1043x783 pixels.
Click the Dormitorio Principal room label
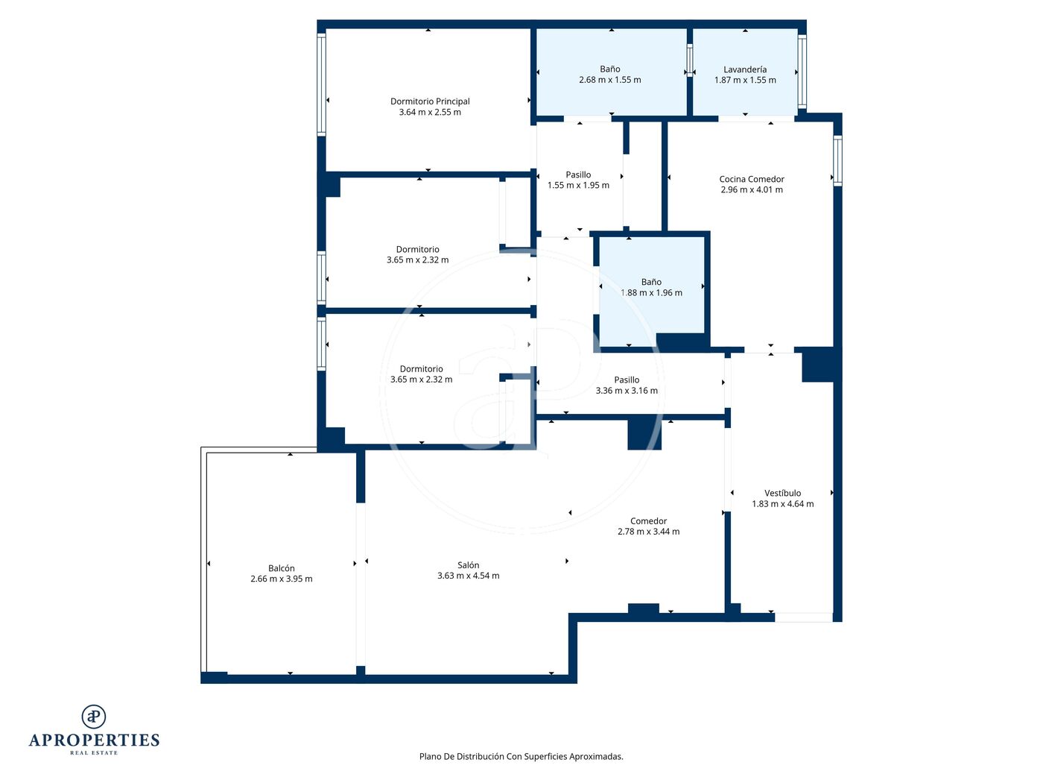pyautogui.click(x=430, y=101)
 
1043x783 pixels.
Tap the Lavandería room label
pyautogui.click(x=744, y=69)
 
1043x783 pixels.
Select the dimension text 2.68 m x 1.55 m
pyautogui.click(x=609, y=80)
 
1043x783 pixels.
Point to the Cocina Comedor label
pyautogui.click(x=751, y=179)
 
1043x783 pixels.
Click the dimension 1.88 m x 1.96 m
pyautogui.click(x=651, y=293)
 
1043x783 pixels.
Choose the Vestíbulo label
pyautogui.click(x=782, y=493)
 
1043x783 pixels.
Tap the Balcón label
pyautogui.click(x=282, y=568)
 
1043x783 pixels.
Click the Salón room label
pyautogui.click(x=468, y=565)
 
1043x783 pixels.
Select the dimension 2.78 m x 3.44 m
pyautogui.click(x=648, y=532)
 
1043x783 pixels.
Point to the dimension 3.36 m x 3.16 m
pyautogui.click(x=627, y=390)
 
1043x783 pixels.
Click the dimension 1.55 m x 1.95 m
pyautogui.click(x=578, y=185)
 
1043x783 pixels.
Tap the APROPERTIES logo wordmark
pyautogui.click(x=94, y=740)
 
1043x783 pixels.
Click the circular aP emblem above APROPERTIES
pyautogui.click(x=94, y=717)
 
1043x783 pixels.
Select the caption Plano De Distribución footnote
pyautogui.click(x=521, y=756)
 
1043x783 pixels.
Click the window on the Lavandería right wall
pyautogui.click(x=802, y=72)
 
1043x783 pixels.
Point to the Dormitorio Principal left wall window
pyautogui.click(x=321, y=84)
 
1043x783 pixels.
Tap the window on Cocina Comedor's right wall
pyautogui.click(x=837, y=160)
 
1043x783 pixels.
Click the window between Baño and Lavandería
pyautogui.click(x=689, y=60)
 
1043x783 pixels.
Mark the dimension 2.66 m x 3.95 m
pyautogui.click(x=282, y=579)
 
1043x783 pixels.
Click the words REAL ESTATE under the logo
pyautogui.click(x=94, y=752)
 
